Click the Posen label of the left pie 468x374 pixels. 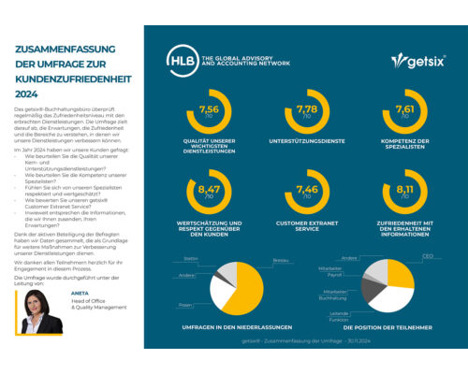[187, 305]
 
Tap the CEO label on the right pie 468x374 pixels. [426, 254]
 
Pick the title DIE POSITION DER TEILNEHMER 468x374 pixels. [387, 327]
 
